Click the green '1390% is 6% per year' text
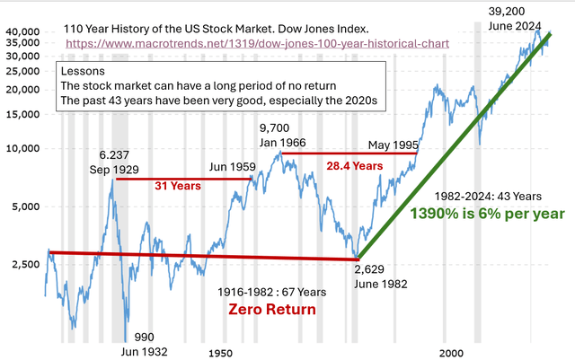487,214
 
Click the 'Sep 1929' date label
112,169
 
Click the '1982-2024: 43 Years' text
488,196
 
